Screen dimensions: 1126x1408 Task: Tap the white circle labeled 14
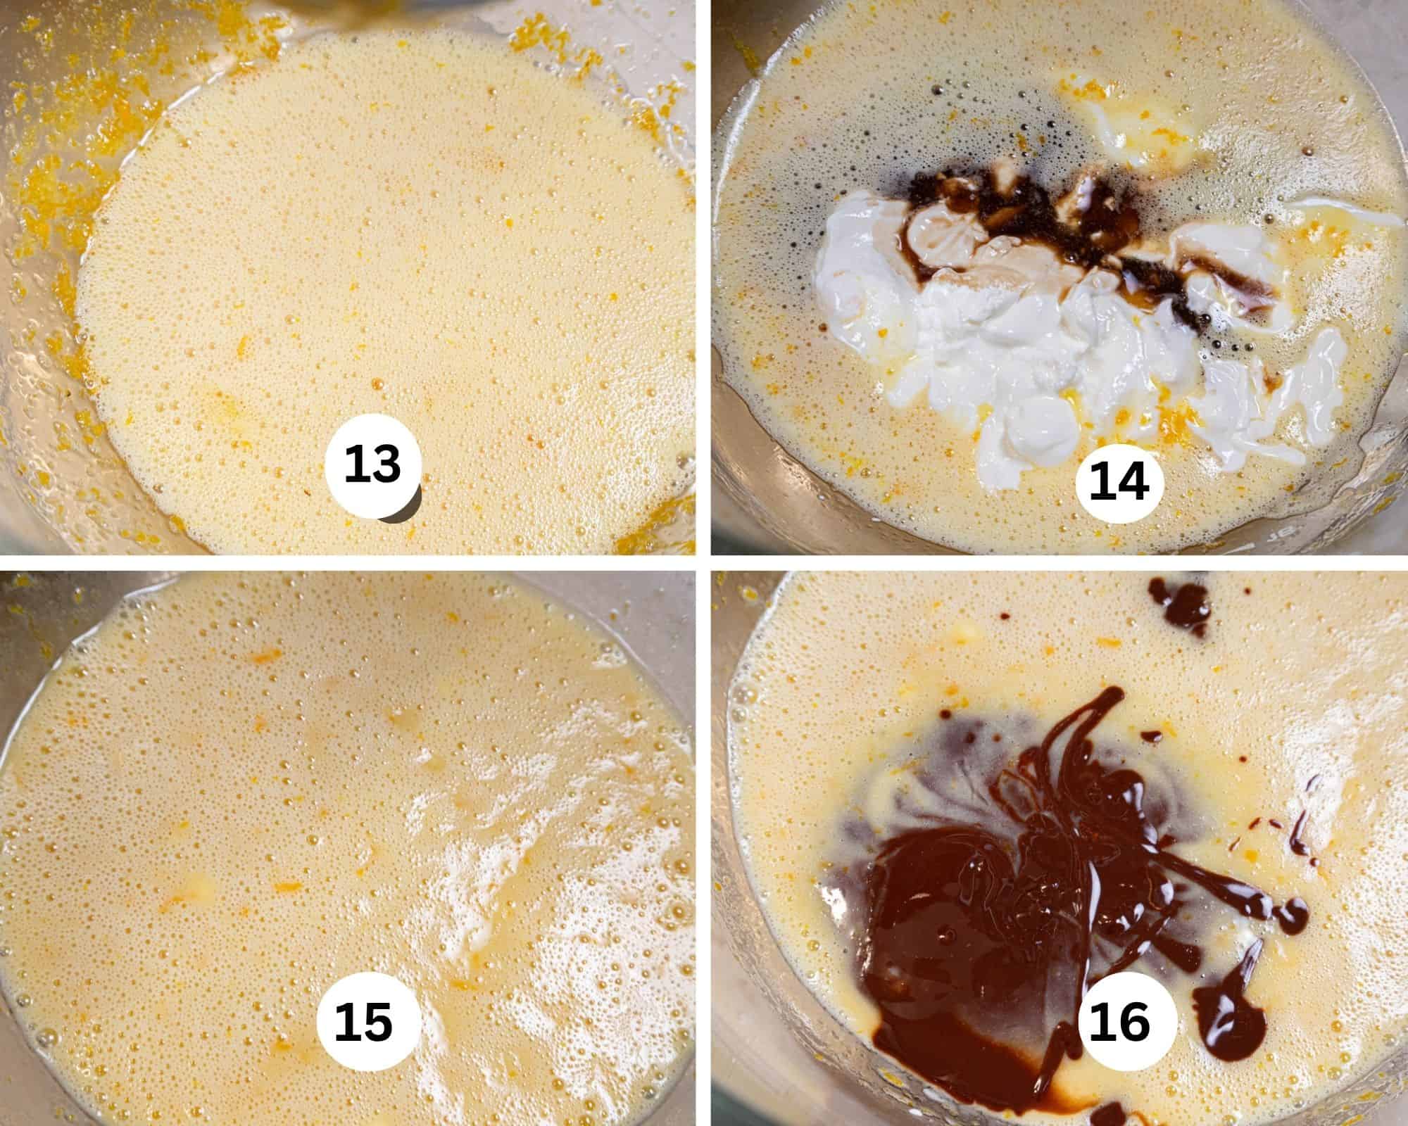pos(1119,482)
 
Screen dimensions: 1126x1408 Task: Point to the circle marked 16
pos(1119,1021)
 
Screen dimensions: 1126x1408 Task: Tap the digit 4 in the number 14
pos(1133,482)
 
